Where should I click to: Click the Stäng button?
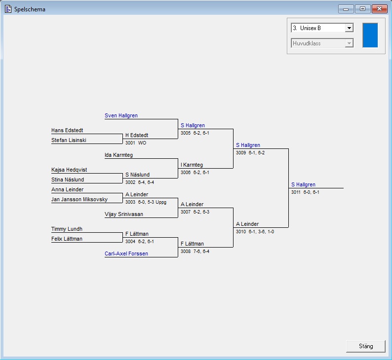click(x=366, y=346)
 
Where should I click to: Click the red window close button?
click(x=379, y=9)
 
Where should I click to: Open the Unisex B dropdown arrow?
click(x=349, y=28)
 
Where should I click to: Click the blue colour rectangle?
click(x=370, y=35)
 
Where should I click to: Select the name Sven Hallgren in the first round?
click(x=121, y=115)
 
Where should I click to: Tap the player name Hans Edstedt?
click(x=67, y=130)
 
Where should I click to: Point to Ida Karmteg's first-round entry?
click(x=118, y=155)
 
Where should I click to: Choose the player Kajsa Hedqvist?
click(x=69, y=170)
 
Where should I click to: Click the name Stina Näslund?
click(x=68, y=180)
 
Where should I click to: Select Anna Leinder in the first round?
click(x=67, y=189)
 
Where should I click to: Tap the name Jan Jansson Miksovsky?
click(x=79, y=199)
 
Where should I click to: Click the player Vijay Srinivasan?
click(x=124, y=214)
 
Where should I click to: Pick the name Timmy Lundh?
click(x=67, y=229)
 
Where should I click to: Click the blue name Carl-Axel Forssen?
click(x=126, y=253)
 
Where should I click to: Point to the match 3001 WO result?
click(x=136, y=143)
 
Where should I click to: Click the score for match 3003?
click(x=146, y=202)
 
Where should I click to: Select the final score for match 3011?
click(x=305, y=192)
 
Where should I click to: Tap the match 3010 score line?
click(x=255, y=232)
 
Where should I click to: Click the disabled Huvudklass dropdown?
click(x=322, y=43)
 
